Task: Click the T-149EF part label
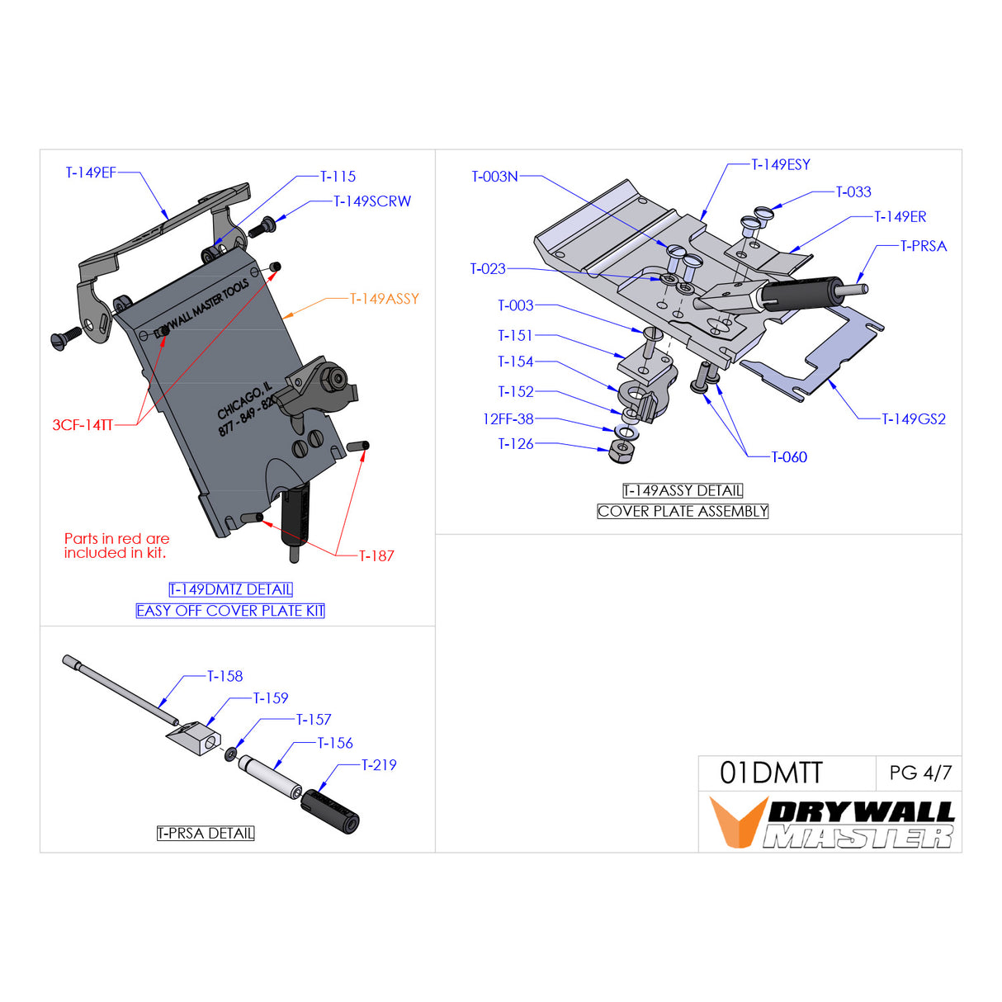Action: tap(91, 173)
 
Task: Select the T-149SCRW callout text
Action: tap(372, 201)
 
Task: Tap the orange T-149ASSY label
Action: tap(385, 299)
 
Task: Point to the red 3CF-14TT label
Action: tap(83, 425)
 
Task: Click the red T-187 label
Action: tap(376, 556)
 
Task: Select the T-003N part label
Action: tap(494, 177)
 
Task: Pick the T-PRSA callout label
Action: tap(924, 246)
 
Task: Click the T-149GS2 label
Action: tap(914, 419)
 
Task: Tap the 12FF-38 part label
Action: tap(508, 419)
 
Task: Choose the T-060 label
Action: tap(789, 457)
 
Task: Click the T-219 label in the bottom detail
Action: tap(379, 765)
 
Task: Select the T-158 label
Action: tap(225, 676)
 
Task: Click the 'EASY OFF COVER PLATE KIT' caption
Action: tap(230, 611)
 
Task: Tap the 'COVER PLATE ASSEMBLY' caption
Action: tap(683, 512)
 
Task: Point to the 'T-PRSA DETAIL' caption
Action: tap(206, 834)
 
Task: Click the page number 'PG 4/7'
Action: tap(920, 773)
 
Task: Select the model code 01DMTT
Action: tap(771, 773)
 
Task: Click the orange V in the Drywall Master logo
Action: tap(736, 822)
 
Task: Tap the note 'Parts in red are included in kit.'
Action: tap(116, 546)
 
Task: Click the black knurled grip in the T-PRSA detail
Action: tap(329, 811)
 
